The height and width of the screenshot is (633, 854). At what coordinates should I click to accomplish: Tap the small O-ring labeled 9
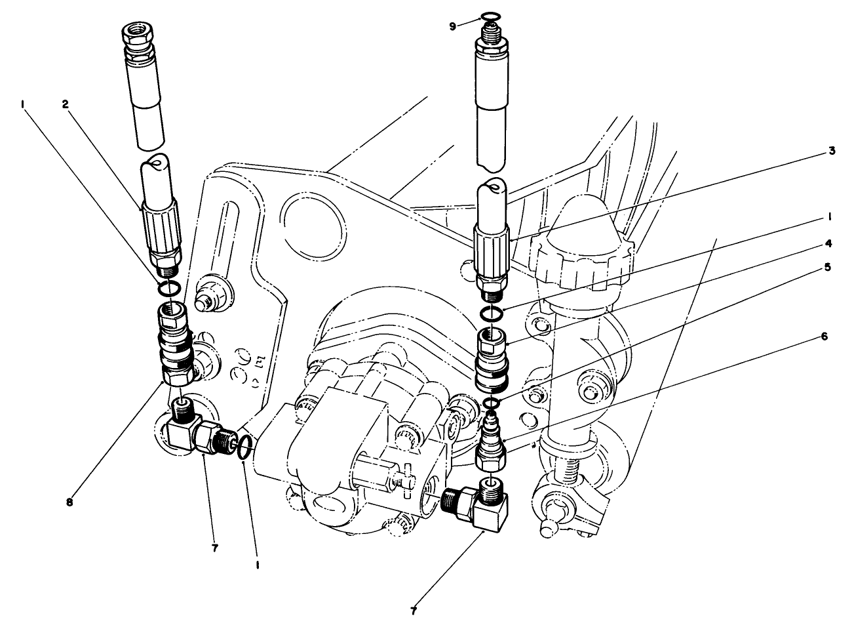(488, 16)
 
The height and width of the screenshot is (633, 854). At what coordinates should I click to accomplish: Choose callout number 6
(824, 337)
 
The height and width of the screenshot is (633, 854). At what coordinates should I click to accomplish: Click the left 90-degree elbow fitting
(190, 433)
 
